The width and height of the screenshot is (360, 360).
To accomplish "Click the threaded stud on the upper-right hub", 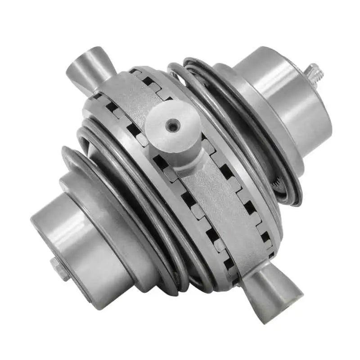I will (314, 72).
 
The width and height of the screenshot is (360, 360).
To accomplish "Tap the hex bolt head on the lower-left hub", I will (59, 269).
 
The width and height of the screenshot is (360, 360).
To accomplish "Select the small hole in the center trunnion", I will (172, 127).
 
